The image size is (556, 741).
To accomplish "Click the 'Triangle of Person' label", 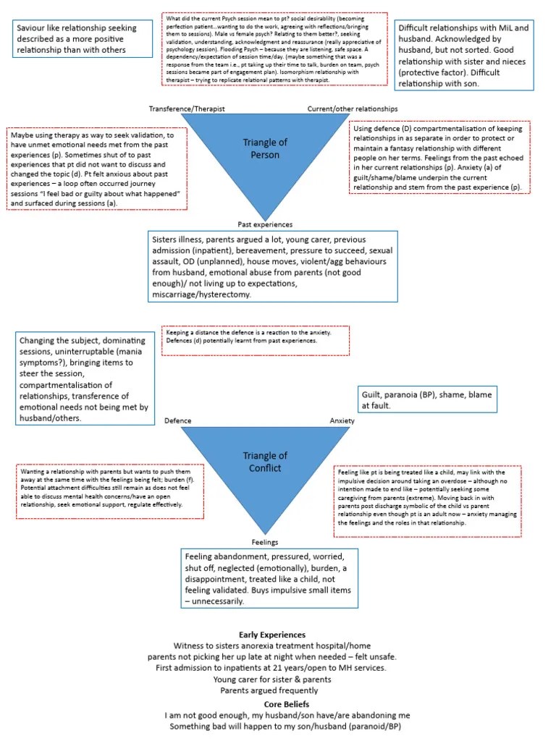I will click(x=261, y=148).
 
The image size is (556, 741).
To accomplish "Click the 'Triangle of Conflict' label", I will click(x=265, y=462).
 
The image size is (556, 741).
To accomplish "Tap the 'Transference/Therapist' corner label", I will click(x=187, y=108).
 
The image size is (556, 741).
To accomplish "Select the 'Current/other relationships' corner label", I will click(x=352, y=108).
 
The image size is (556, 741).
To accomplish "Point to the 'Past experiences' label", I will click(x=265, y=224).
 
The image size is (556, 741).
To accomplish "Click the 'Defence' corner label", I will click(x=178, y=420).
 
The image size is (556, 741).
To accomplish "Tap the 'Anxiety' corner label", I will click(x=342, y=420).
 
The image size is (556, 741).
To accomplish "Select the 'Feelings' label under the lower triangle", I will click(x=264, y=542).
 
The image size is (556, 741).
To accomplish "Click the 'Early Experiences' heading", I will click(x=272, y=635).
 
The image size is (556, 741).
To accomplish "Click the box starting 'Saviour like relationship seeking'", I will click(x=83, y=39).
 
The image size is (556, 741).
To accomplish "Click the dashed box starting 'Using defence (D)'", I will click(x=440, y=157).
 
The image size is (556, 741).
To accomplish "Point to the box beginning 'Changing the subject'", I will click(x=84, y=378).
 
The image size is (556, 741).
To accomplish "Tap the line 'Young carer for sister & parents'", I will click(x=272, y=679).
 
